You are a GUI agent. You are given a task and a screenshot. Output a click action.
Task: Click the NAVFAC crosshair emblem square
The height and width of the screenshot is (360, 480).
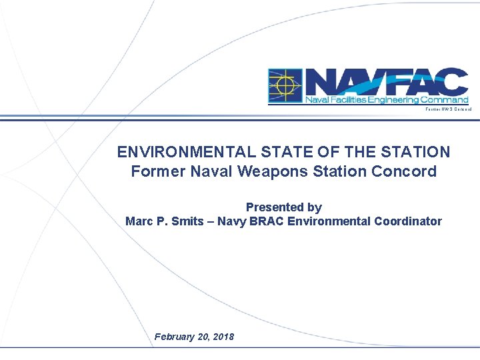285,86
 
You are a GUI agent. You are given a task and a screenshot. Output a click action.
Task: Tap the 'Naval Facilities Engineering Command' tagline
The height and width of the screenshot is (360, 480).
387,100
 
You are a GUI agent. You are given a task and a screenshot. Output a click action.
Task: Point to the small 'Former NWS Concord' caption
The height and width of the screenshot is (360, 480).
449,109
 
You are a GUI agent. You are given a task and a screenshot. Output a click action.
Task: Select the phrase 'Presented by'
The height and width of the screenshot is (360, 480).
284,207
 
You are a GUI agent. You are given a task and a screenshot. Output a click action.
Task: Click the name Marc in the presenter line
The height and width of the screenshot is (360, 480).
139,221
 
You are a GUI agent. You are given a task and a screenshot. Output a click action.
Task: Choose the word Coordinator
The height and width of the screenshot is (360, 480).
408,221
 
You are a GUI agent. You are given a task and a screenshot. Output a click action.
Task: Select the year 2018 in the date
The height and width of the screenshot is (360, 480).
223,337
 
